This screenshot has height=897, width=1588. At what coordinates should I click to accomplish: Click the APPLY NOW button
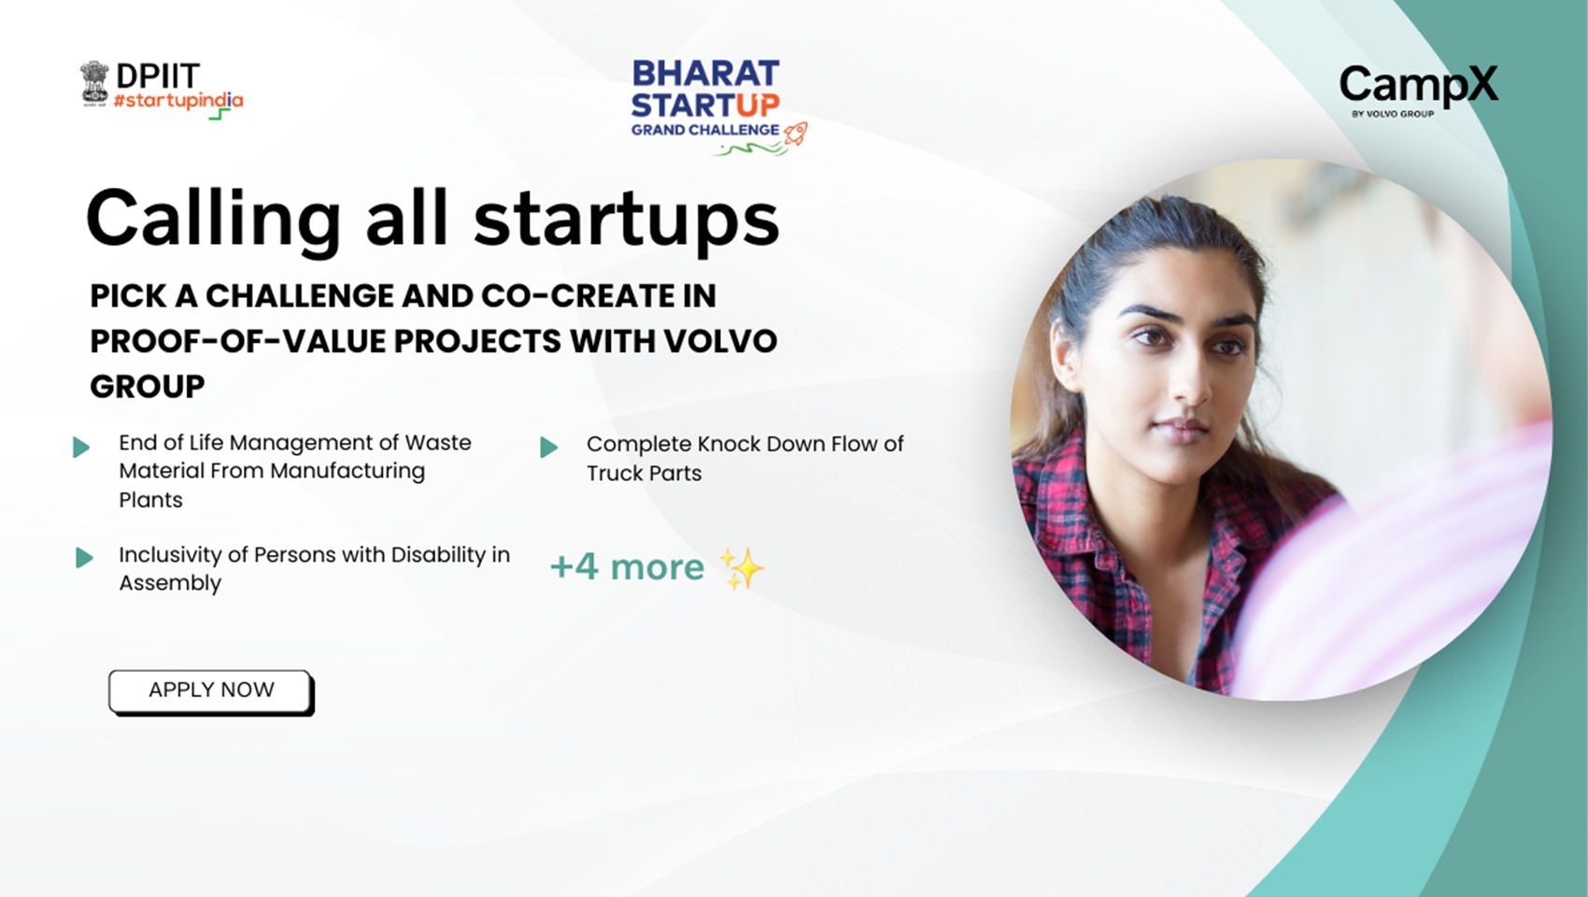pyautogui.click(x=210, y=691)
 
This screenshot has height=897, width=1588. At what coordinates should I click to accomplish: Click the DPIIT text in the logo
pyautogui.click(x=157, y=76)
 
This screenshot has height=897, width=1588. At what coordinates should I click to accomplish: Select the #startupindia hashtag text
pyautogui.click(x=177, y=102)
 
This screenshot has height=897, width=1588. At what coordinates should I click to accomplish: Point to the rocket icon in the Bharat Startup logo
pyautogui.click(x=796, y=133)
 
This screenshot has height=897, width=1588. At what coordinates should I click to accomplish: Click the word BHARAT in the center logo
pyautogui.click(x=705, y=73)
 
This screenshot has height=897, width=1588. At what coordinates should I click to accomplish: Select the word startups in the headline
pyautogui.click(x=627, y=219)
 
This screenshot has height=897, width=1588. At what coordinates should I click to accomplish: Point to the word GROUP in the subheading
pyautogui.click(x=148, y=387)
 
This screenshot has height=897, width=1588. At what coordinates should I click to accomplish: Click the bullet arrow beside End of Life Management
pyautogui.click(x=81, y=448)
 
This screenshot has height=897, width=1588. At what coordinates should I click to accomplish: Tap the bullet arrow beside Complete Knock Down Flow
pyautogui.click(x=548, y=448)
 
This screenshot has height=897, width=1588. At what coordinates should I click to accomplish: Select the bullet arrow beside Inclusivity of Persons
pyautogui.click(x=84, y=557)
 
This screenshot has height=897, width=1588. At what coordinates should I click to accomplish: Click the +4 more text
pyautogui.click(x=628, y=566)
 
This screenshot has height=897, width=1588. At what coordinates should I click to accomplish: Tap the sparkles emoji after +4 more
pyautogui.click(x=743, y=568)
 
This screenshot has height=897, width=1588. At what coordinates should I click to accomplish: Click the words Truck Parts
pyautogui.click(x=644, y=473)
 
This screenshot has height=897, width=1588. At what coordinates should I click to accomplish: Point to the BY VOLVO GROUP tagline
pyautogui.click(x=1393, y=113)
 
